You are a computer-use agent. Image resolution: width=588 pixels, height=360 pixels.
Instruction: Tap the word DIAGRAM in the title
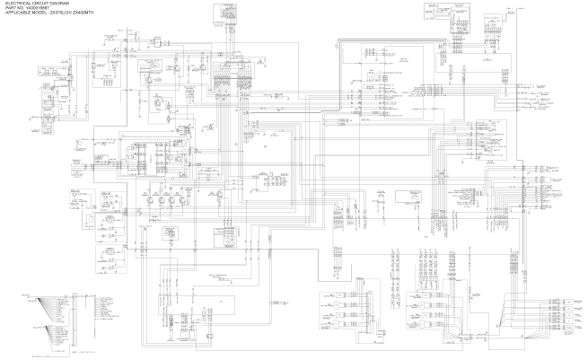tap(58, 4)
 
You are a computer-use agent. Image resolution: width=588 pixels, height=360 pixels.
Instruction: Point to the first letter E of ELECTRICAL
tap(6, 4)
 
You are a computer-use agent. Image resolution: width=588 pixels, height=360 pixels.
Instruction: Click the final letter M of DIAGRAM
tap(67, 4)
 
